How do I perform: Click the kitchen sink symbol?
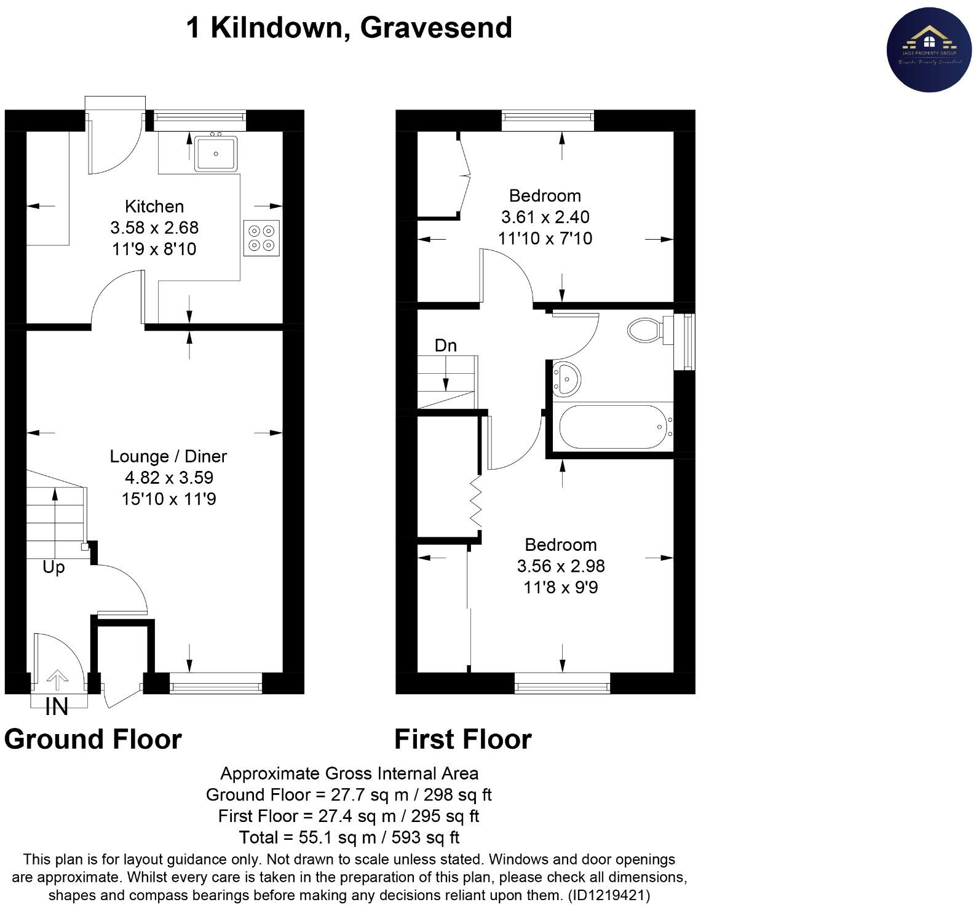[216, 154]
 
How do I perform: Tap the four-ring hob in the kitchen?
[261, 238]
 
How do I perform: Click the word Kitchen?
[154, 207]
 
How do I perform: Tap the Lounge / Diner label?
[168, 456]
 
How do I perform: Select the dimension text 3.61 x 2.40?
[545, 217]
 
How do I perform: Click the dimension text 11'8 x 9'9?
[560, 588]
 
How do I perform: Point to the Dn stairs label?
[446, 346]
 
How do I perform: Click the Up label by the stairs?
[54, 567]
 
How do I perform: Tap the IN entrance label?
[57, 707]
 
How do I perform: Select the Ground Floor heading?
[93, 739]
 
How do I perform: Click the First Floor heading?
[462, 739]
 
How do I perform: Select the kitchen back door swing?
[114, 144]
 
